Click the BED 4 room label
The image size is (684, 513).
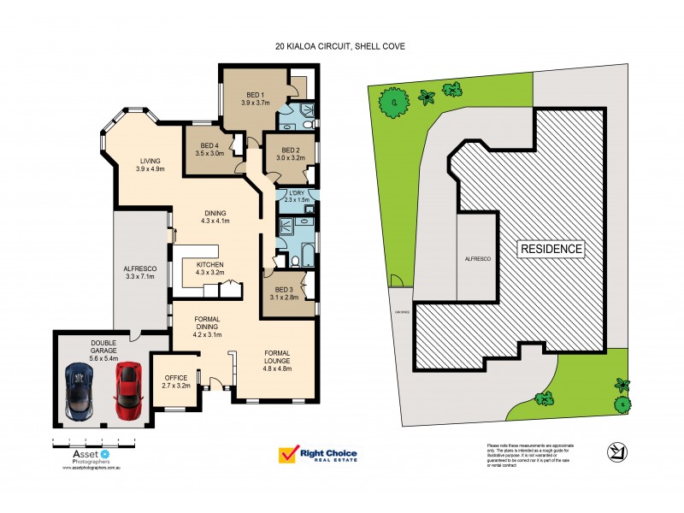209,150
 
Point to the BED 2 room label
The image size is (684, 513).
291,154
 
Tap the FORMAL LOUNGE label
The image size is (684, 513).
278,357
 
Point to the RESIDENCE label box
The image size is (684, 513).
551,249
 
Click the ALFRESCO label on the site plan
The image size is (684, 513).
475,257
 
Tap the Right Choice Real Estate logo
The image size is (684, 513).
318,456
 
